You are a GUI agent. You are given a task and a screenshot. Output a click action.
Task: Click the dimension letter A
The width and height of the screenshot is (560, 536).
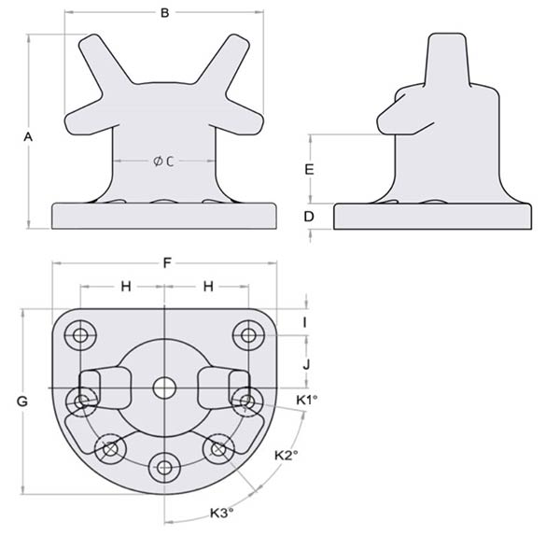click(x=28, y=136)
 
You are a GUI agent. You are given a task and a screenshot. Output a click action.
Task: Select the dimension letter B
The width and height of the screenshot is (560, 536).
click(x=165, y=13)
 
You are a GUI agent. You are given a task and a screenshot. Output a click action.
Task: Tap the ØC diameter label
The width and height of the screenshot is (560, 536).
click(x=165, y=162)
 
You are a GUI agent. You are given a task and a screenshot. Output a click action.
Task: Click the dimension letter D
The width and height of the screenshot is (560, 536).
click(x=309, y=217)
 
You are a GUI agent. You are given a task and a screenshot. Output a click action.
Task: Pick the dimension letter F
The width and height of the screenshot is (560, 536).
click(x=166, y=263)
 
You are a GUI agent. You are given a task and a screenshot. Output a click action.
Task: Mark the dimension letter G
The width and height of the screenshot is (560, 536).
click(x=21, y=401)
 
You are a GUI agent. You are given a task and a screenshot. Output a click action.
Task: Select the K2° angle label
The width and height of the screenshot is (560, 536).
click(x=287, y=456)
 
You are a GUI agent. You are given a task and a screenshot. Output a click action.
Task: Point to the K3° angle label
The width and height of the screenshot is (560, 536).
click(x=221, y=513)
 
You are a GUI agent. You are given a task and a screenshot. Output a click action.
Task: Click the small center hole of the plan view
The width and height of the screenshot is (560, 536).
click(x=165, y=386)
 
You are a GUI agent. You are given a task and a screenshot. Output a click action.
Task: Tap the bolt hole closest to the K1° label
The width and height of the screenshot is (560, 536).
click(x=247, y=402)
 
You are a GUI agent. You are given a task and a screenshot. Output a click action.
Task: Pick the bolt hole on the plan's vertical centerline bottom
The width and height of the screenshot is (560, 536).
click(x=165, y=465)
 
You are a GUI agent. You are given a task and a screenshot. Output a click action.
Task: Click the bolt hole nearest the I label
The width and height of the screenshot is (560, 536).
click(x=248, y=334)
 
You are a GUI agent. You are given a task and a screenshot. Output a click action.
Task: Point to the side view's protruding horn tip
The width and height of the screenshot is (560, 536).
click(x=383, y=122)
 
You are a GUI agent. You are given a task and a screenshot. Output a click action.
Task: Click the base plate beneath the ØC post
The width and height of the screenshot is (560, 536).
click(x=165, y=217)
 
